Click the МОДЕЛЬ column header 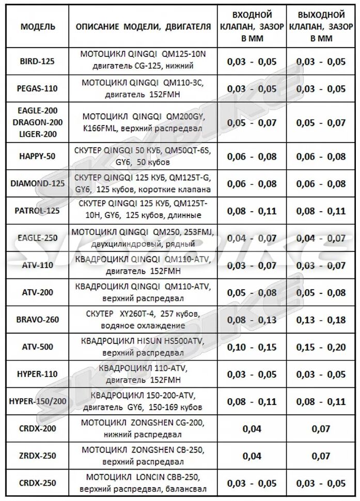(38, 27)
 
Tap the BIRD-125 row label (38, 61)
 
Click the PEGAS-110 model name (38, 89)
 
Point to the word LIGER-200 (38, 134)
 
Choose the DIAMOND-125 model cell (38, 183)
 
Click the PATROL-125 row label (38, 211)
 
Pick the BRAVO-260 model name (38, 320)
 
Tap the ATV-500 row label (38, 347)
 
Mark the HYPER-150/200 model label (38, 401)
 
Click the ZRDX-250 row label (38, 456)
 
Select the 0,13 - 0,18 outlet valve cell (322, 320)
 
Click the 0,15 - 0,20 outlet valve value (322, 347)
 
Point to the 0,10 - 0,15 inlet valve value (252, 347)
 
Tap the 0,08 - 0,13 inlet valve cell (252, 320)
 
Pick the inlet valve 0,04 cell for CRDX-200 (252, 429)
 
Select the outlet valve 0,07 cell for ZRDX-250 (322, 456)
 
